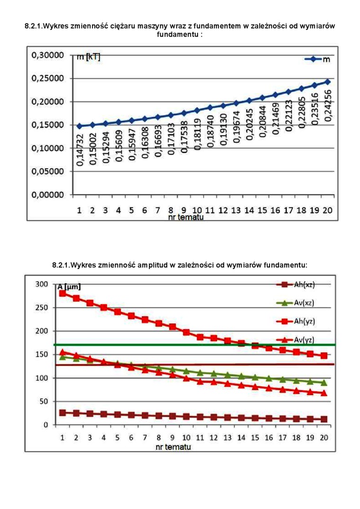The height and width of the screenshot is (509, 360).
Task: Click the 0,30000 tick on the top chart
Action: click(47, 55)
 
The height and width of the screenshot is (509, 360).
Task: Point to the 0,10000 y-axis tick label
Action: click(47, 148)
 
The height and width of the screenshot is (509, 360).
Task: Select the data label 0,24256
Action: click(327, 106)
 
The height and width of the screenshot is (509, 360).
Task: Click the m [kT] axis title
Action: click(88, 58)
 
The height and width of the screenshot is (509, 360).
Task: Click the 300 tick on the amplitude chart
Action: click(42, 284)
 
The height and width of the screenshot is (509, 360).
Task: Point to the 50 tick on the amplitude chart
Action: click(44, 402)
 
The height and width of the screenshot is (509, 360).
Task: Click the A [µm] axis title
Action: click(69, 287)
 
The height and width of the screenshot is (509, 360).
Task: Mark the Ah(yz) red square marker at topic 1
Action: click(63, 294)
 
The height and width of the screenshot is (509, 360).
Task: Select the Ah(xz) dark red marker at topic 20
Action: click(324, 419)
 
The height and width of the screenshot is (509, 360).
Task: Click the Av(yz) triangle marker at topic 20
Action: click(324, 393)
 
